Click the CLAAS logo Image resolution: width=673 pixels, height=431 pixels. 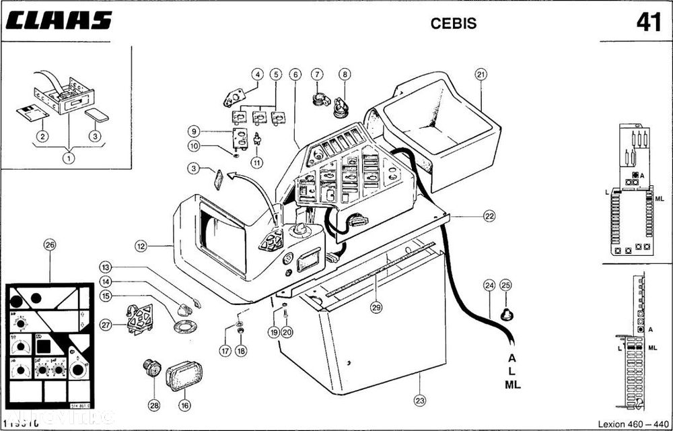(57, 20)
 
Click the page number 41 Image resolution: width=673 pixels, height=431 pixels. (647, 22)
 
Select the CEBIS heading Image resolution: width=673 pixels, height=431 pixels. (453, 22)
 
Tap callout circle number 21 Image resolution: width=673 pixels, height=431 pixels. (480, 74)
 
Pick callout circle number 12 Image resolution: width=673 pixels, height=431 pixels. (141, 247)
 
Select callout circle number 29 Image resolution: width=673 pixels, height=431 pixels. (376, 308)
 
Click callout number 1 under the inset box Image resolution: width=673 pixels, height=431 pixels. (68, 159)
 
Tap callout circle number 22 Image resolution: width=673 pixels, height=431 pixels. (488, 216)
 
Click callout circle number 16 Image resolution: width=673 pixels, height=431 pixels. (184, 405)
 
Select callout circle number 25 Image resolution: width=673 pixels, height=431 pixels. (507, 285)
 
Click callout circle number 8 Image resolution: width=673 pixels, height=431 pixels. (345, 74)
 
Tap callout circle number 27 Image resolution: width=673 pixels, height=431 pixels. (105, 325)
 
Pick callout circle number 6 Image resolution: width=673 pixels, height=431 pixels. (294, 74)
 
